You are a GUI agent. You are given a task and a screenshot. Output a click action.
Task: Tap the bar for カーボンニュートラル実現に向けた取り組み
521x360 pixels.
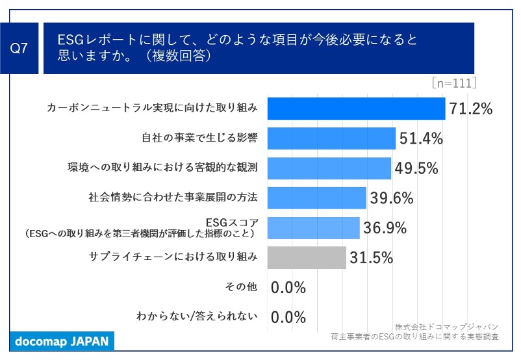[x=357, y=109]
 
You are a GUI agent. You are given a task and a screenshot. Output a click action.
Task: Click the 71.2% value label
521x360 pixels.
[x=470, y=109]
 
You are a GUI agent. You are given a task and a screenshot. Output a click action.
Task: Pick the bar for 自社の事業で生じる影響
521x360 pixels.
[x=331, y=138]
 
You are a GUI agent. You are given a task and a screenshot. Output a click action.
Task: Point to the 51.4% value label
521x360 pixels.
[x=420, y=138]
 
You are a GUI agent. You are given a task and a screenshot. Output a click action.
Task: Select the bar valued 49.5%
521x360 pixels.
[x=329, y=168]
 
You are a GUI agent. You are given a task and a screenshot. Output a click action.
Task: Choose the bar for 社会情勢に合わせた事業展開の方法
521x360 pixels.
[x=317, y=198]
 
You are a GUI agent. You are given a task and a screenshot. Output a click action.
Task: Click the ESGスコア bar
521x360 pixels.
[x=314, y=227]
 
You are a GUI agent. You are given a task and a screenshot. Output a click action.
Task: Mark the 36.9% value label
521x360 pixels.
[x=384, y=227]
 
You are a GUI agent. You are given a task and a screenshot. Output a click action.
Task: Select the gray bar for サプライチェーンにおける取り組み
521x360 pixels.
[x=307, y=257]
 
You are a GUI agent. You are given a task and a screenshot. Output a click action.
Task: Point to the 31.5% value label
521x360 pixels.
[x=371, y=257]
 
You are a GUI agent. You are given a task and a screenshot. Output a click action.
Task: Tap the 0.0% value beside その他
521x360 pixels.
[x=288, y=287]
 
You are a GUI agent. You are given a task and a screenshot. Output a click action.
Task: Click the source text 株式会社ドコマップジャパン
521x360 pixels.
[x=446, y=326]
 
